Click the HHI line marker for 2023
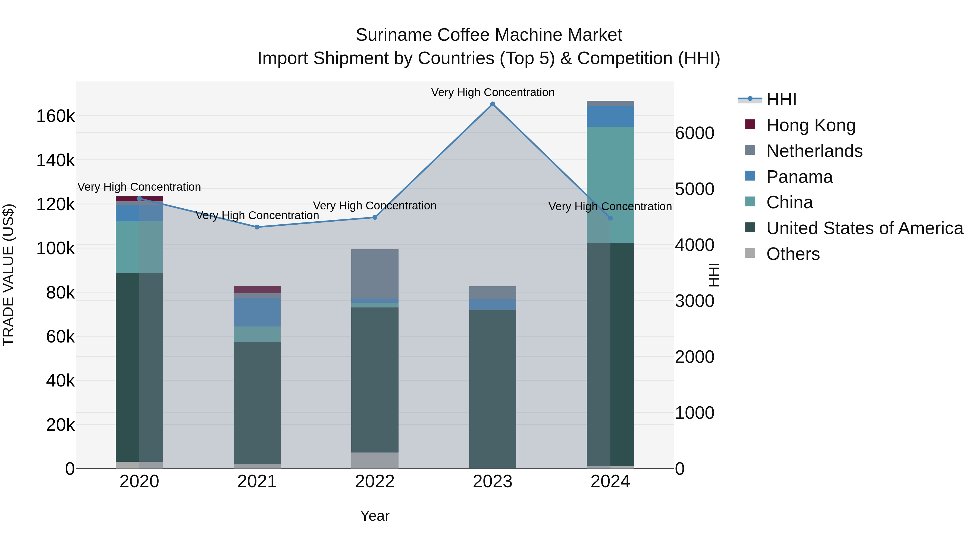point(493,104)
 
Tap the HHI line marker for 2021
point(257,227)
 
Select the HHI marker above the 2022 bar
point(375,218)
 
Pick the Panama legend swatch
point(750,176)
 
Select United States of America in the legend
point(864,228)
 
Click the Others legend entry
point(793,254)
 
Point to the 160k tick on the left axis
point(55,116)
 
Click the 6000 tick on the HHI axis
point(694,133)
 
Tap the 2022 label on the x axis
point(375,482)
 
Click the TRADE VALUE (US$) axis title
point(8,275)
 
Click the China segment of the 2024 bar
point(610,185)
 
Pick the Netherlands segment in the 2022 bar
point(375,274)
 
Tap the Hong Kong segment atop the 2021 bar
point(257,290)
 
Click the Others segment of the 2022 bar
point(375,460)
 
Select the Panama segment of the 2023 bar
point(493,304)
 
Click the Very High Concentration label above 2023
point(493,93)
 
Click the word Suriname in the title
point(394,35)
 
